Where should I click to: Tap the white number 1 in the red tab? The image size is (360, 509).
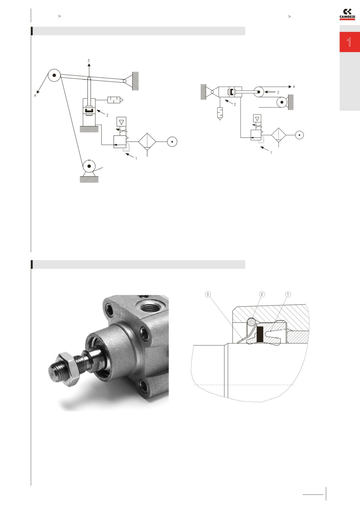point(349,42)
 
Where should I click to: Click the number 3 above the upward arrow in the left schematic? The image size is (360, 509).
point(89,60)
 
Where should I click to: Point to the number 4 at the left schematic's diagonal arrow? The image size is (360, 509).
point(35,95)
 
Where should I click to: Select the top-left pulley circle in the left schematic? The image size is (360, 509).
point(54,75)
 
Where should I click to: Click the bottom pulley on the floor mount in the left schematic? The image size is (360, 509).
point(89,166)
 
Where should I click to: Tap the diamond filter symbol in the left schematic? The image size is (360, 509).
point(147,141)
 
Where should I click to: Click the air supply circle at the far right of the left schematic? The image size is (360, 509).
point(172,141)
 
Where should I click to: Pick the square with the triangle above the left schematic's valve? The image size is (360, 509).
point(122,122)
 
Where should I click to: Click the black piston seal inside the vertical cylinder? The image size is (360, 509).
point(89,110)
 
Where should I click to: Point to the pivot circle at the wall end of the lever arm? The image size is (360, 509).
point(125,81)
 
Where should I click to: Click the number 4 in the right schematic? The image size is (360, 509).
point(294,87)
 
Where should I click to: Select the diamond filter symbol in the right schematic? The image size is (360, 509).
point(279,135)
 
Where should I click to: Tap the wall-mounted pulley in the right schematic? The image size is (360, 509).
point(282,102)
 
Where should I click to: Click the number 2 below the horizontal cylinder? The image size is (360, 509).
point(235,105)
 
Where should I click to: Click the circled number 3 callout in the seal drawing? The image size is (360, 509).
point(208,294)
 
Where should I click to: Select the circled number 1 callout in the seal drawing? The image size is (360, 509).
point(288,294)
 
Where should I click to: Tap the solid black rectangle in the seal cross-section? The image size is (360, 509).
point(260,334)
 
